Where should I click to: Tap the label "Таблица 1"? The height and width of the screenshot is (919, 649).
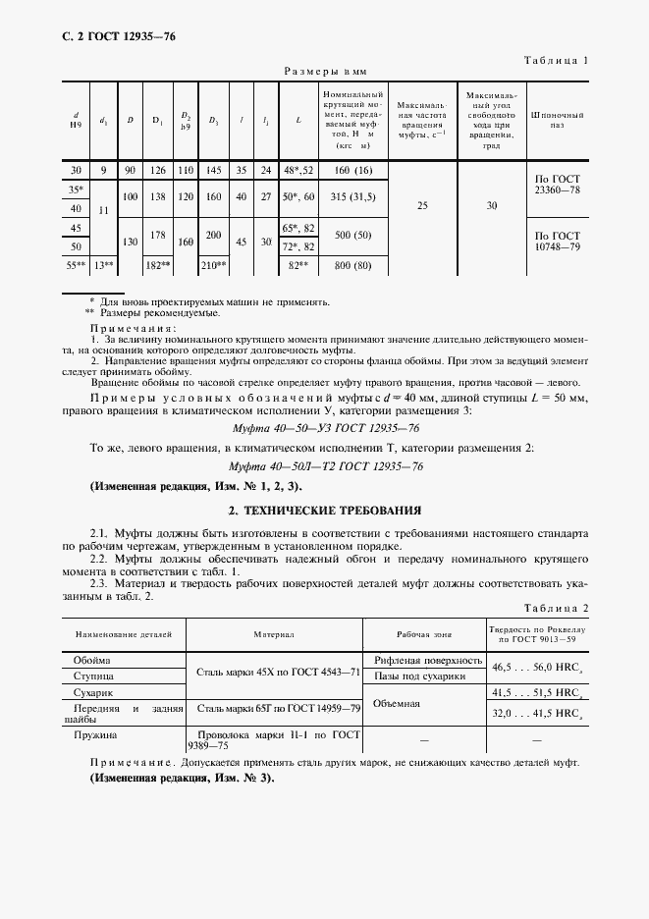click(x=556, y=61)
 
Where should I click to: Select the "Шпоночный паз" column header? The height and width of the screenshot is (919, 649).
click(x=557, y=120)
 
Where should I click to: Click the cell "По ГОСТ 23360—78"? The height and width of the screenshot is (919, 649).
click(x=557, y=186)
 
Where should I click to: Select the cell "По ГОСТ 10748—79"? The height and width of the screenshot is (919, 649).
click(x=557, y=242)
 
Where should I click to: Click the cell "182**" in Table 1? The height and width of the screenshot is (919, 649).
click(x=157, y=265)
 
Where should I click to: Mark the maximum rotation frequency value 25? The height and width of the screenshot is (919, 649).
click(x=422, y=206)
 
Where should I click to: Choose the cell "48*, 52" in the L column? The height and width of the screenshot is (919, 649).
click(x=297, y=170)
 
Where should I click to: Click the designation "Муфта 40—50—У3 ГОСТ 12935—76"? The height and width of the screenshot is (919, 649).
click(x=325, y=428)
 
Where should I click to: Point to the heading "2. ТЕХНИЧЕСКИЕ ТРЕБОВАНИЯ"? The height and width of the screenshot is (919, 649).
click(x=325, y=511)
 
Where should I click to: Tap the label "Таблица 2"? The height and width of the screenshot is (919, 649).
click(x=556, y=608)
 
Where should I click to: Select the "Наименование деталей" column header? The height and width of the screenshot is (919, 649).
click(x=123, y=635)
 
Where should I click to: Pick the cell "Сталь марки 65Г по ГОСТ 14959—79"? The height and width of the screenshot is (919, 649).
click(x=279, y=707)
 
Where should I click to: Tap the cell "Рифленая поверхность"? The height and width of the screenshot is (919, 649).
click(x=422, y=660)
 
